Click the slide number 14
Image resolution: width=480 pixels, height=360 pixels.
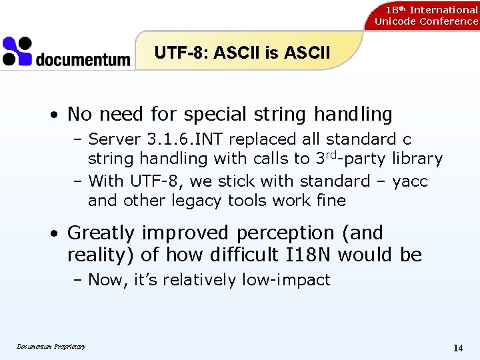tap(458, 348)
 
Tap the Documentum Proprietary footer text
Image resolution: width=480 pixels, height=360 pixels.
tap(51, 346)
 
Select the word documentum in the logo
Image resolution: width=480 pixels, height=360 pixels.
tap(83, 60)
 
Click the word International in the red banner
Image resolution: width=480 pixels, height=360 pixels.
tap(443, 9)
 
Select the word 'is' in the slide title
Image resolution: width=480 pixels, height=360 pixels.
tap(271, 53)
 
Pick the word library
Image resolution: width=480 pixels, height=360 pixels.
tap(417, 159)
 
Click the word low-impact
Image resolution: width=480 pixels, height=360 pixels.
tap(289, 280)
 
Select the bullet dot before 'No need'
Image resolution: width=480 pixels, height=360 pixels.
tap(57, 115)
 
